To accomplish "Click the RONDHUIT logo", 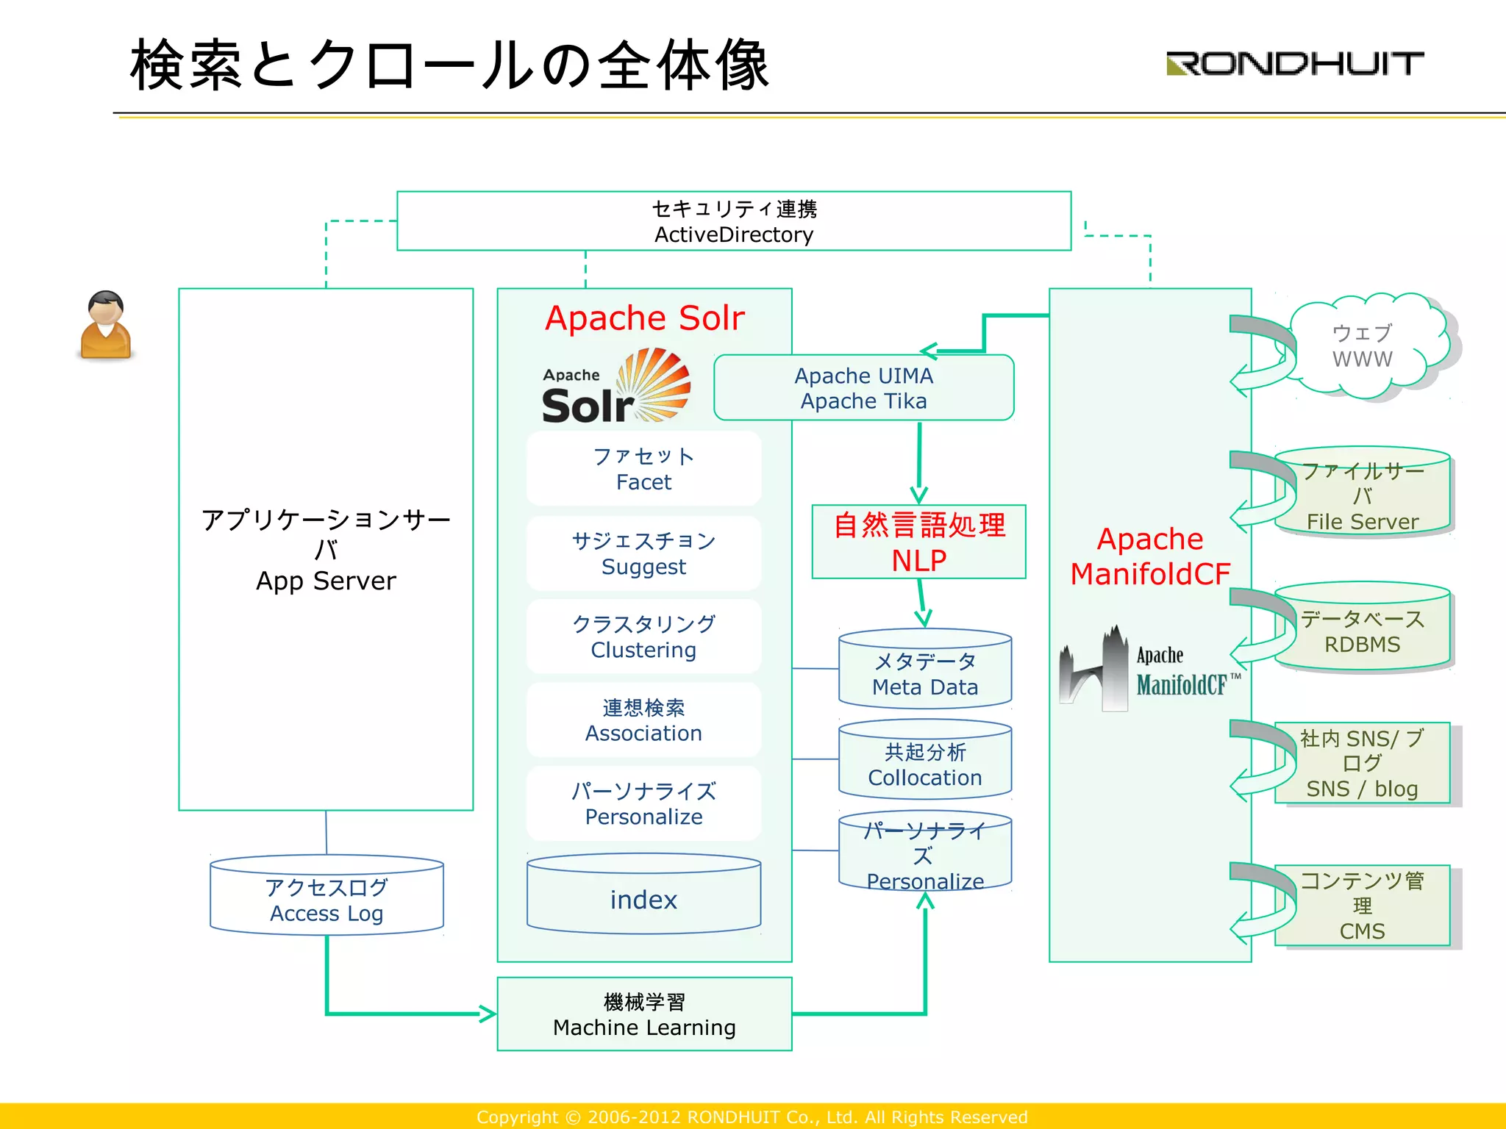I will click(1294, 63).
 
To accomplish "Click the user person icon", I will click(106, 326).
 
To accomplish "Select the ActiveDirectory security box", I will click(733, 221).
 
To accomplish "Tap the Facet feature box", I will click(643, 469).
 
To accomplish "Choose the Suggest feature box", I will click(643, 553).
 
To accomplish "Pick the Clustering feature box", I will click(643, 637).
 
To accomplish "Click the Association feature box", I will click(643, 720).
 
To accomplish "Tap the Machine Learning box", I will click(644, 1014).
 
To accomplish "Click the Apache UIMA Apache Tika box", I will click(863, 388).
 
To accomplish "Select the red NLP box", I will click(918, 542).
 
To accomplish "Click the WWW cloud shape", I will click(1364, 347).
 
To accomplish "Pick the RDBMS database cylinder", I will click(1363, 629).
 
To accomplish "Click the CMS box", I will click(1363, 906).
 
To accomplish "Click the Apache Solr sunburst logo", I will click(616, 387).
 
